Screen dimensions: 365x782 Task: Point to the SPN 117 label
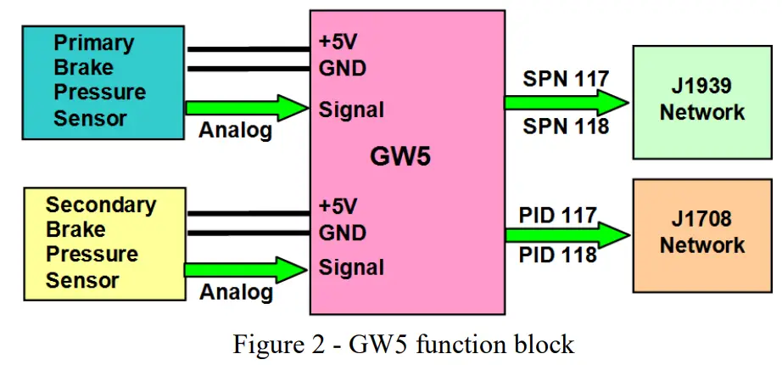click(x=566, y=81)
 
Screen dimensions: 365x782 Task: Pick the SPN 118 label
click(x=566, y=126)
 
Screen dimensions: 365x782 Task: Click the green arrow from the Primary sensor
click(x=246, y=108)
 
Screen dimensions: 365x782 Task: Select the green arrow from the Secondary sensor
click(x=246, y=269)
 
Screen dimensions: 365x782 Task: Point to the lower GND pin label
click(x=342, y=233)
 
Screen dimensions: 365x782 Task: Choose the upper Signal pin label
click(x=351, y=109)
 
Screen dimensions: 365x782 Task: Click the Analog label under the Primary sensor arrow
click(x=236, y=131)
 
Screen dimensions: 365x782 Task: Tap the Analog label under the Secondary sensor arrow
click(x=236, y=292)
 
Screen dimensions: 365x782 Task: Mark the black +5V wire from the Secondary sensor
click(x=246, y=213)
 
